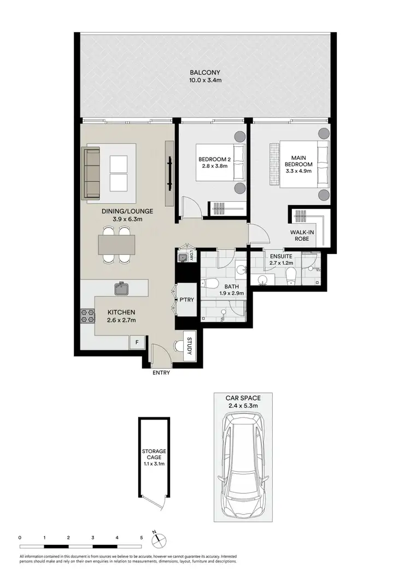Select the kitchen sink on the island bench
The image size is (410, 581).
121,288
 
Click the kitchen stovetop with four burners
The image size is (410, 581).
88,316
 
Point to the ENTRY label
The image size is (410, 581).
161,373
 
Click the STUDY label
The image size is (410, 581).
189,347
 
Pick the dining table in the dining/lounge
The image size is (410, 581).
117,245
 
